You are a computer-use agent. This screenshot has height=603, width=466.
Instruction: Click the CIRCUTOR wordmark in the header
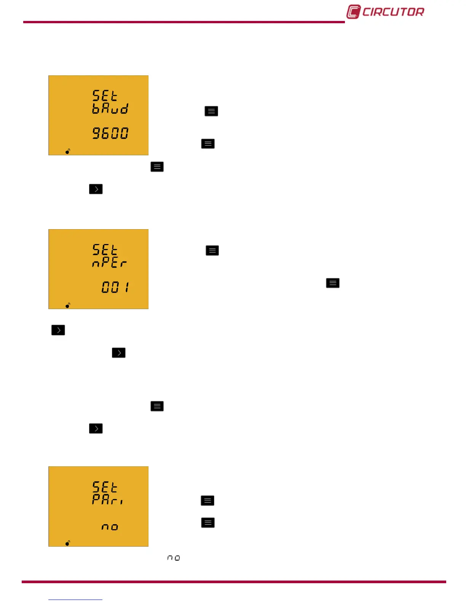(393, 12)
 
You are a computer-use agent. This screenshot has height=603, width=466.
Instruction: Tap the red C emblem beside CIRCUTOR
(353, 12)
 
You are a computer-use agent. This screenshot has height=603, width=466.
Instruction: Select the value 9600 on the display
(110, 133)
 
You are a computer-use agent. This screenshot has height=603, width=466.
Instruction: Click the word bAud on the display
(110, 109)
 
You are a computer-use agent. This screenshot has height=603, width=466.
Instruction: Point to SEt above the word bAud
(105, 95)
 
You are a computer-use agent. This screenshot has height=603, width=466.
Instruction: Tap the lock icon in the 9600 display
(68, 152)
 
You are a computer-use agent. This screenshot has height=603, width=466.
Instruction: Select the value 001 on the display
(115, 287)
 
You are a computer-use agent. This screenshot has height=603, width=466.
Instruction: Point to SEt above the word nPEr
(105, 250)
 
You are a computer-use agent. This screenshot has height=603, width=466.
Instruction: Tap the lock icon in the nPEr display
(68, 305)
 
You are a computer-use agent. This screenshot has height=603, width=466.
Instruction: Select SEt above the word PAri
(105, 487)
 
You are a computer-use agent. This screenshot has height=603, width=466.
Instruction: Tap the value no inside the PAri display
(110, 527)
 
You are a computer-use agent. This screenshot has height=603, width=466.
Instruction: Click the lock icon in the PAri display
(68, 543)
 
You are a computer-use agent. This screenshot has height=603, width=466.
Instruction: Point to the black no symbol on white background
(174, 558)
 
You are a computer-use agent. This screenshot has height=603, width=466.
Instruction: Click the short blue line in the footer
(75, 600)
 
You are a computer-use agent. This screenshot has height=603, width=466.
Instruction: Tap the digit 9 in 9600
(97, 133)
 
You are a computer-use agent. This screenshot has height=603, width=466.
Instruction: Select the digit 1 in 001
(127, 287)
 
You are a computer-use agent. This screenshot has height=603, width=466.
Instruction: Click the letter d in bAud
(124, 109)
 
